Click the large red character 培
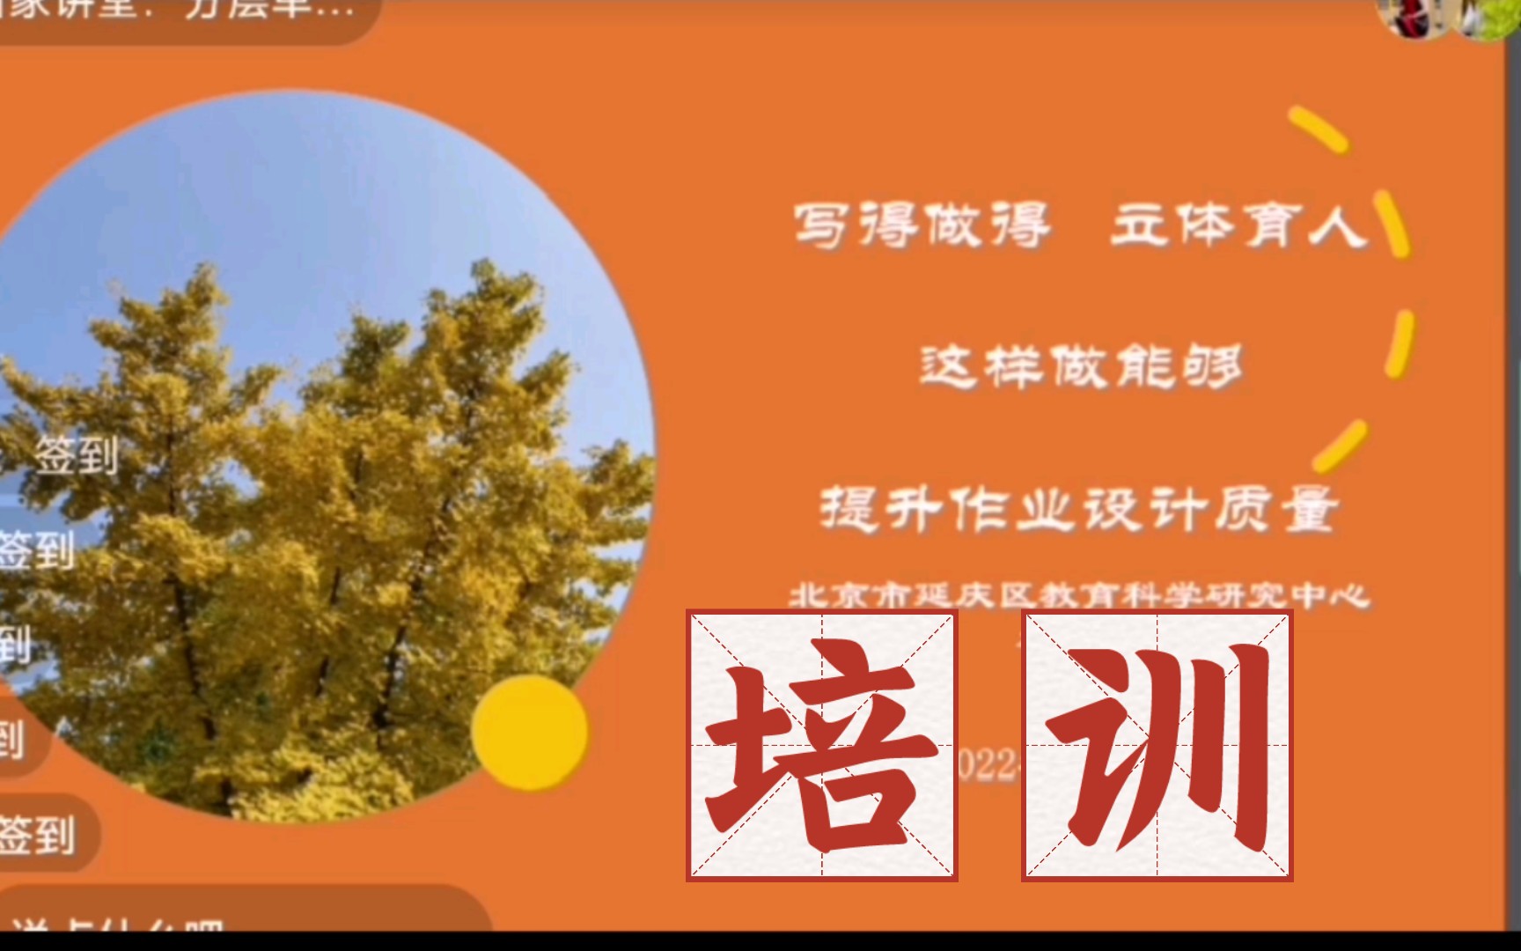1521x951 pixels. [821, 746]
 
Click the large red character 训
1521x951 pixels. [1157, 746]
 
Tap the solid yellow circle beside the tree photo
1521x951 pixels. [529, 731]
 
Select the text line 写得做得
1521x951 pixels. [922, 225]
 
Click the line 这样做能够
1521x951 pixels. [1080, 366]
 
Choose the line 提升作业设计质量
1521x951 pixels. [1079, 509]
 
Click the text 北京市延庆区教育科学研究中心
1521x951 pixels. [1079, 596]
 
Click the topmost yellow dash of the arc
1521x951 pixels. [1318, 129]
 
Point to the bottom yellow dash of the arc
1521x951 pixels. [1340, 446]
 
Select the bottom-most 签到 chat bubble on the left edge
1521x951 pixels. [40, 834]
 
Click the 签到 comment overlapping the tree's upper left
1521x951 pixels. [77, 455]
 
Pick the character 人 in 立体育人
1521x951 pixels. [1338, 225]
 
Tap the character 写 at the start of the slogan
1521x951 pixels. [820, 225]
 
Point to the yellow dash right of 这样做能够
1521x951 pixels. [1400, 343]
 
